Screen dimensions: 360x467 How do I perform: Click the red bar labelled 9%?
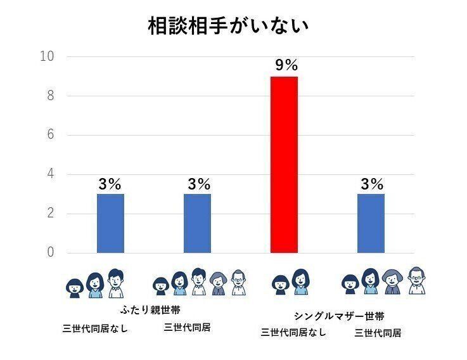point(284,165)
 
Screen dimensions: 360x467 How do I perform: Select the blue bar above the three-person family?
point(110,223)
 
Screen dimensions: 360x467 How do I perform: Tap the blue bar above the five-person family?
point(197,223)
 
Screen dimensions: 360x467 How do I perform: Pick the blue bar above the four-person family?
point(371,223)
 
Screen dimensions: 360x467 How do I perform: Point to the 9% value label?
point(285,65)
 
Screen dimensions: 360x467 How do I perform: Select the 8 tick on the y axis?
point(49,96)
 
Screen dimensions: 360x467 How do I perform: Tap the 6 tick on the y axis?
point(49,135)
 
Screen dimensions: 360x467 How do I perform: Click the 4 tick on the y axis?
point(49,174)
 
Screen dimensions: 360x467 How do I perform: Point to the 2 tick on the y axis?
point(49,214)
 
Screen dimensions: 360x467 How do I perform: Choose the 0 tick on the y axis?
point(49,253)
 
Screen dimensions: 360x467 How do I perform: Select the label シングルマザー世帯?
point(339,316)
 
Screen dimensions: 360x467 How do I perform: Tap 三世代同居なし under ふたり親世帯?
point(94,329)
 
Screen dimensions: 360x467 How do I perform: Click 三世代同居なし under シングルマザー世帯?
point(293,331)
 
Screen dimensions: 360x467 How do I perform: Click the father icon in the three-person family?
point(115,283)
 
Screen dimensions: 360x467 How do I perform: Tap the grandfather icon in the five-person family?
point(238,283)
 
